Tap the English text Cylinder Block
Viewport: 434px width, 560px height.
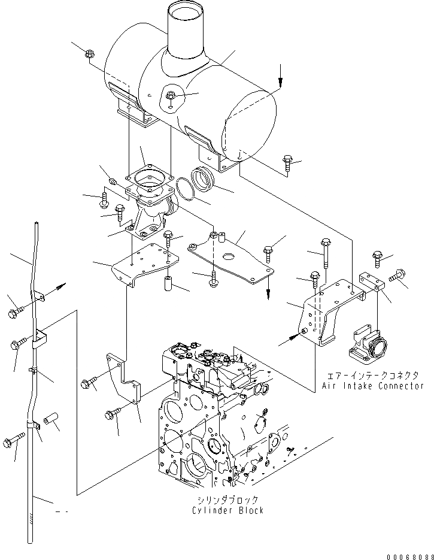227,510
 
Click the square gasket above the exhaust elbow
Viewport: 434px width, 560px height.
150,178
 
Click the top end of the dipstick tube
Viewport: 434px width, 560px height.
37,224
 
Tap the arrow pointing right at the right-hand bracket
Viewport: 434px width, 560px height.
290,339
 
